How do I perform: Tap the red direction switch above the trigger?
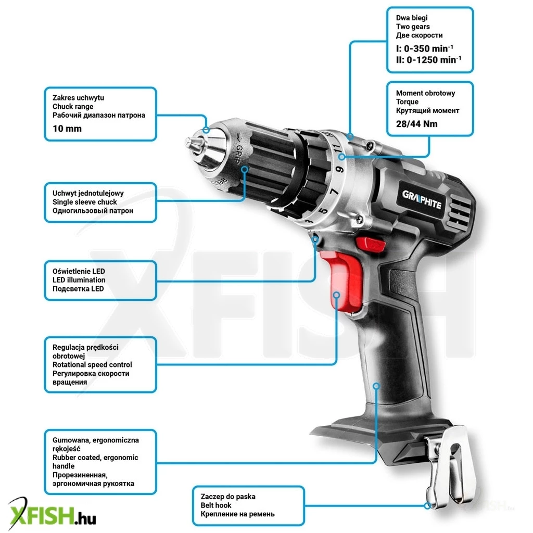tap(370, 244)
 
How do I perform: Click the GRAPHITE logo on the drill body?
tap(422, 199)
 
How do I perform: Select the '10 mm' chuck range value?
tap(67, 129)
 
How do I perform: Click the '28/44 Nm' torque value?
tap(416, 124)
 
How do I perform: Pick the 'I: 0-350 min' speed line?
tap(425, 48)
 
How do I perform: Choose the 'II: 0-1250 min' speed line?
tap(428, 60)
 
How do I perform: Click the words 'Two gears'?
tap(413, 27)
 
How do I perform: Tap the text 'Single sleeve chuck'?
tap(85, 202)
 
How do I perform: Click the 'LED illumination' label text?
tap(79, 280)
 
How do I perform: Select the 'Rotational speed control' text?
tap(92, 365)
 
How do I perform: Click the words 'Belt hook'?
tap(216, 505)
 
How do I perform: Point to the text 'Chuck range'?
tap(73, 106)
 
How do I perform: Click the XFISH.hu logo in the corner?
tap(51, 514)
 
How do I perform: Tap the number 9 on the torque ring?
tap(339, 169)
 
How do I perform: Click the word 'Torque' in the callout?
tap(407, 102)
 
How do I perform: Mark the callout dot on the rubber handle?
tap(376, 386)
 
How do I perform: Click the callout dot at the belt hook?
tap(428, 506)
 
